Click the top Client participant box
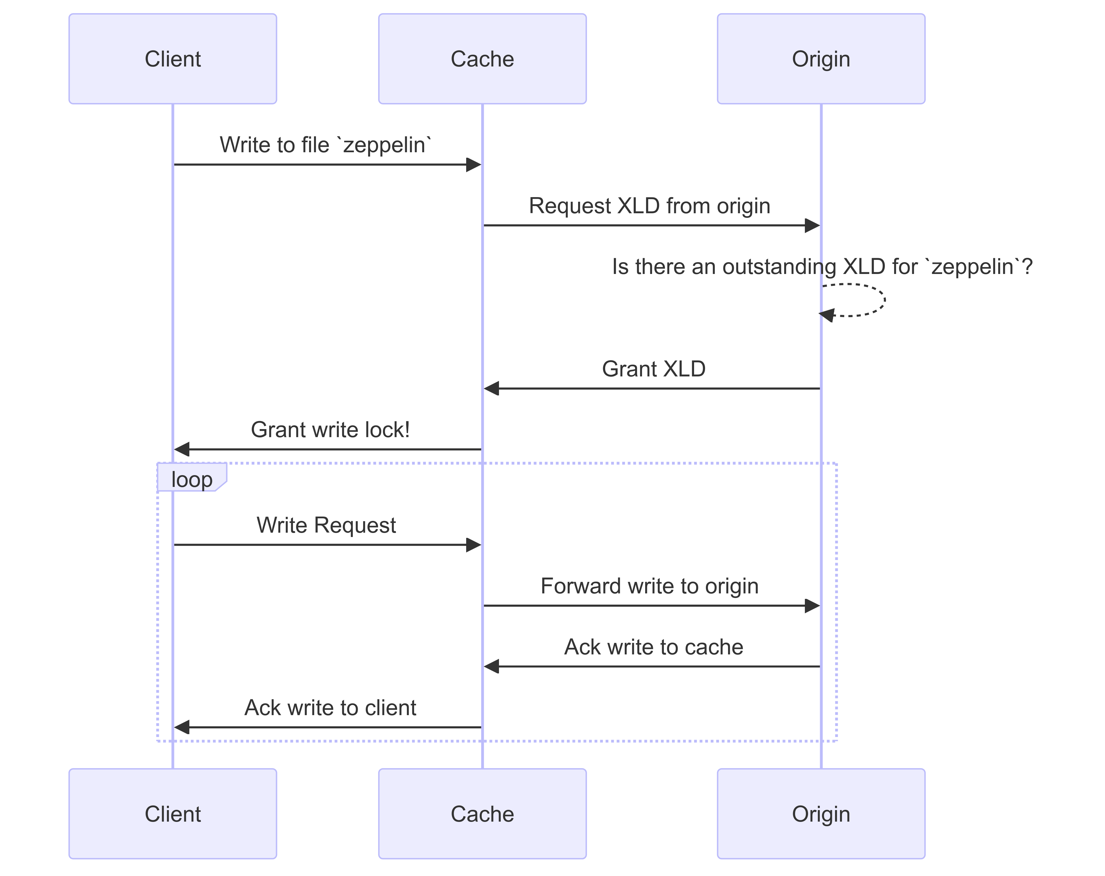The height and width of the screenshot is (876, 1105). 173,59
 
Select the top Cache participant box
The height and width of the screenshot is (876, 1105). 482,59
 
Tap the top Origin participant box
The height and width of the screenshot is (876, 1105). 821,59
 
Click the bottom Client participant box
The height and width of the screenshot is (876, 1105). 173,814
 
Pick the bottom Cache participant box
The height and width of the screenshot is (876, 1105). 482,814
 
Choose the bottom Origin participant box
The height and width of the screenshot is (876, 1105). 821,814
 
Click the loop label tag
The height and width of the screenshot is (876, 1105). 192,479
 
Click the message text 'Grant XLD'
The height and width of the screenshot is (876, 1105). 654,369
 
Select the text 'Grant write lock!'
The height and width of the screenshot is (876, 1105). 330,430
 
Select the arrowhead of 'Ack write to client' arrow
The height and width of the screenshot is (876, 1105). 182,727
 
